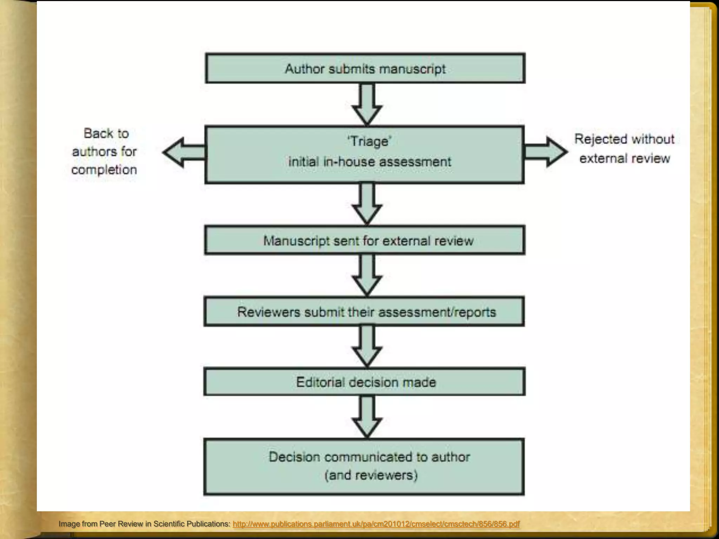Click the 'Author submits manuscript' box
pyautogui.click(x=365, y=68)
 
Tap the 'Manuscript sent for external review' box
pyautogui.click(x=365, y=241)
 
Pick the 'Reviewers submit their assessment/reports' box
pyautogui.click(x=365, y=312)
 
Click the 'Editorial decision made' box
pyautogui.click(x=365, y=382)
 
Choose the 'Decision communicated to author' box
pyautogui.click(x=369, y=457)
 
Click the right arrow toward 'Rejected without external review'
pyautogui.click(x=546, y=152)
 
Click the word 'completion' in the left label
pyautogui.click(x=104, y=170)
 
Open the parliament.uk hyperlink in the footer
pyautogui.click(x=376, y=524)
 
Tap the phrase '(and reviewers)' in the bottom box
pyautogui.click(x=371, y=475)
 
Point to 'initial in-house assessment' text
pyautogui.click(x=370, y=162)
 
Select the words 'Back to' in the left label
pyautogui.click(x=106, y=133)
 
